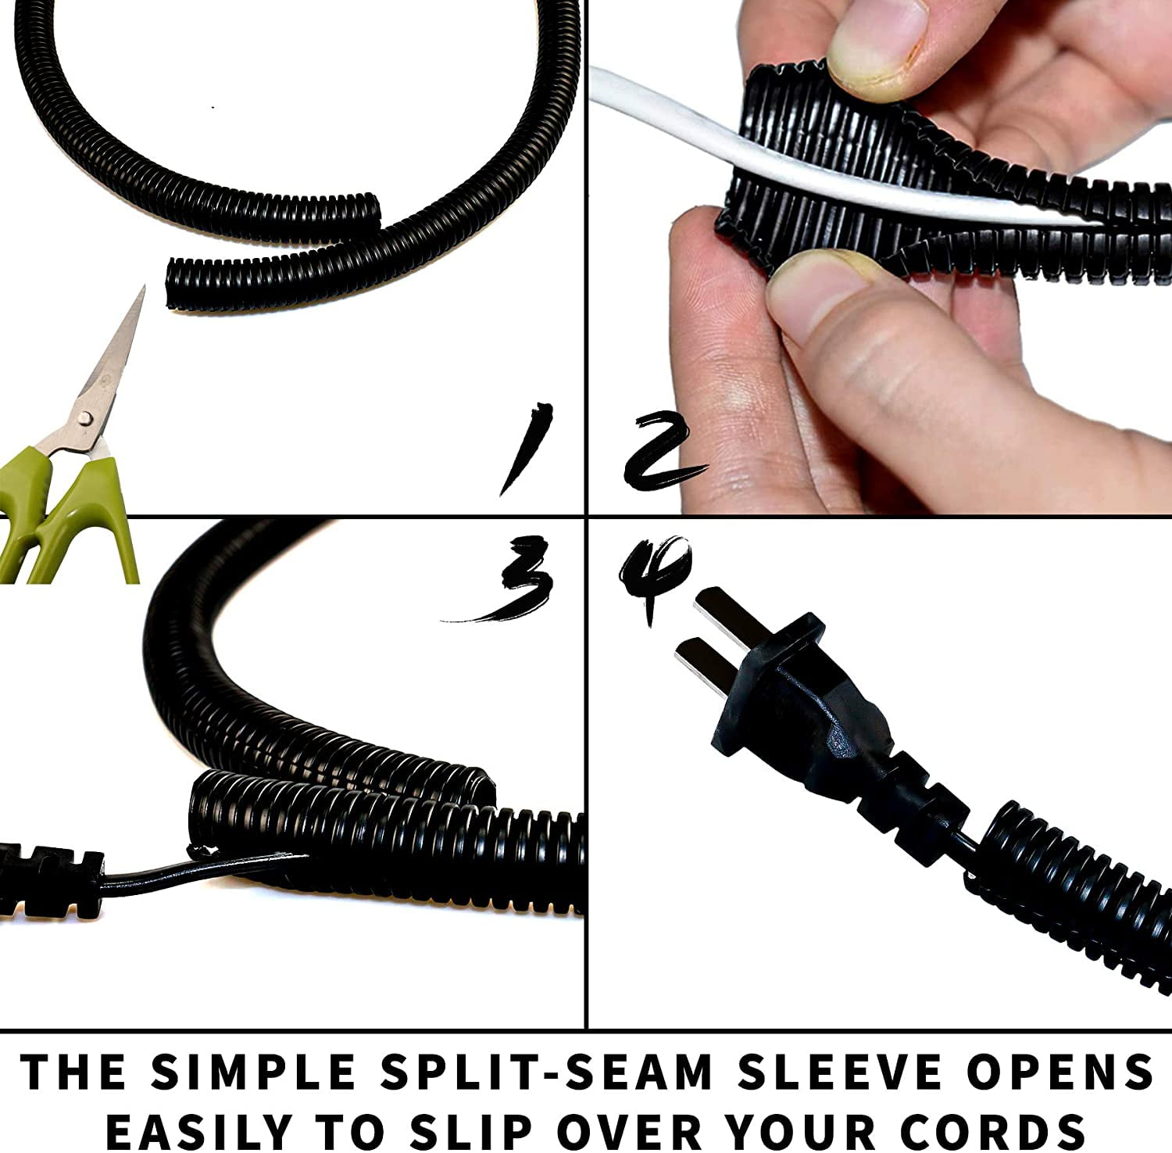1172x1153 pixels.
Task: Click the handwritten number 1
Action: click(527, 448)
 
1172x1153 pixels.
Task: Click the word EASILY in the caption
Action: click(198, 1130)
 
